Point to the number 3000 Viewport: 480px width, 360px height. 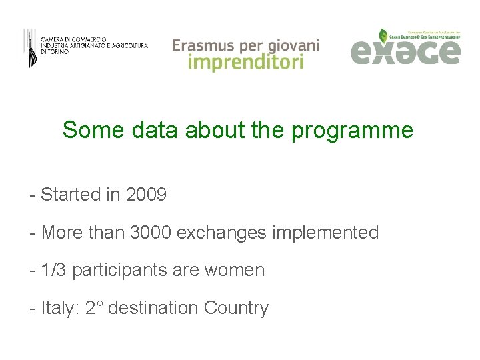click(x=152, y=233)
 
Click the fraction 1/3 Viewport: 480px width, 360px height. click(x=54, y=270)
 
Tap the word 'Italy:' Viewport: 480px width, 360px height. click(x=61, y=308)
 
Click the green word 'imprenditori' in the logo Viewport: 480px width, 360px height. click(x=245, y=62)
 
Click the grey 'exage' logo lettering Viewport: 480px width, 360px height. click(x=405, y=51)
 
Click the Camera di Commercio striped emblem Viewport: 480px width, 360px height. click(x=30, y=47)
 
